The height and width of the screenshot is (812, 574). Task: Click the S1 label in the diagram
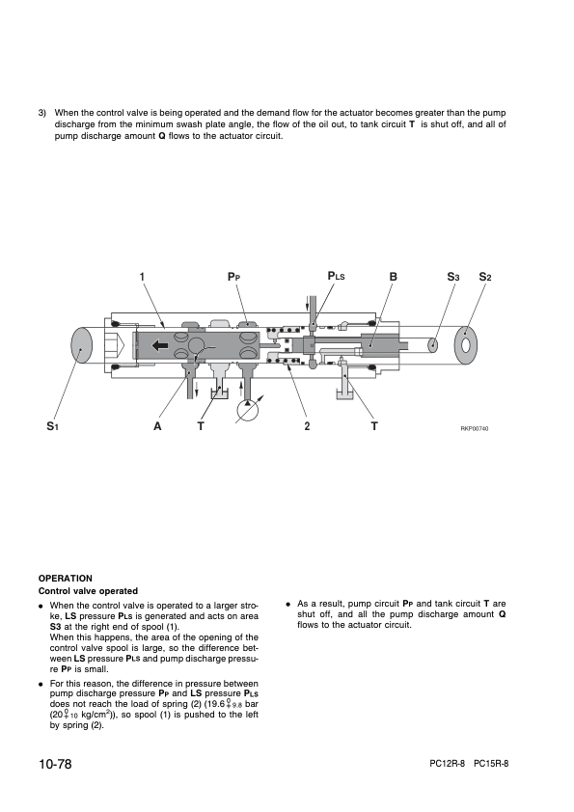[52, 426]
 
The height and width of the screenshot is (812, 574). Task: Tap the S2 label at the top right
[485, 277]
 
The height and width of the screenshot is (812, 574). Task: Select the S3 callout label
[453, 277]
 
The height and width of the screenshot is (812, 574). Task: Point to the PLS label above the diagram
[337, 276]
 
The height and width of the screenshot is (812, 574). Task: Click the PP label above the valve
[234, 277]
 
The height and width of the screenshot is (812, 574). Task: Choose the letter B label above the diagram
[394, 277]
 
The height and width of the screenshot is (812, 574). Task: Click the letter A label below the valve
[157, 426]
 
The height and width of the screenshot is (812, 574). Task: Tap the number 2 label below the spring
[307, 426]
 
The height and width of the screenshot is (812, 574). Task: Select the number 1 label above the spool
[142, 277]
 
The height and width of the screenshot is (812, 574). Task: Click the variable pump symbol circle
[250, 411]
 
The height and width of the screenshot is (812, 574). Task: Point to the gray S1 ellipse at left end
[81, 346]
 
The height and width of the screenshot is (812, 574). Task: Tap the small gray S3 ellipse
[433, 345]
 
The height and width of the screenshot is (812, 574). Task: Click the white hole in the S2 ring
[465, 344]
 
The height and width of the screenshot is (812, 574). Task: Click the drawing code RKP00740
[475, 428]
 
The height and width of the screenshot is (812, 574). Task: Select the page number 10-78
[55, 764]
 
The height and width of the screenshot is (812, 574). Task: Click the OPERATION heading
[66, 579]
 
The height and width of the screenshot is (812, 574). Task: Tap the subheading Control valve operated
[88, 591]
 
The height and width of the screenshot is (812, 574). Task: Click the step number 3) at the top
[42, 113]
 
